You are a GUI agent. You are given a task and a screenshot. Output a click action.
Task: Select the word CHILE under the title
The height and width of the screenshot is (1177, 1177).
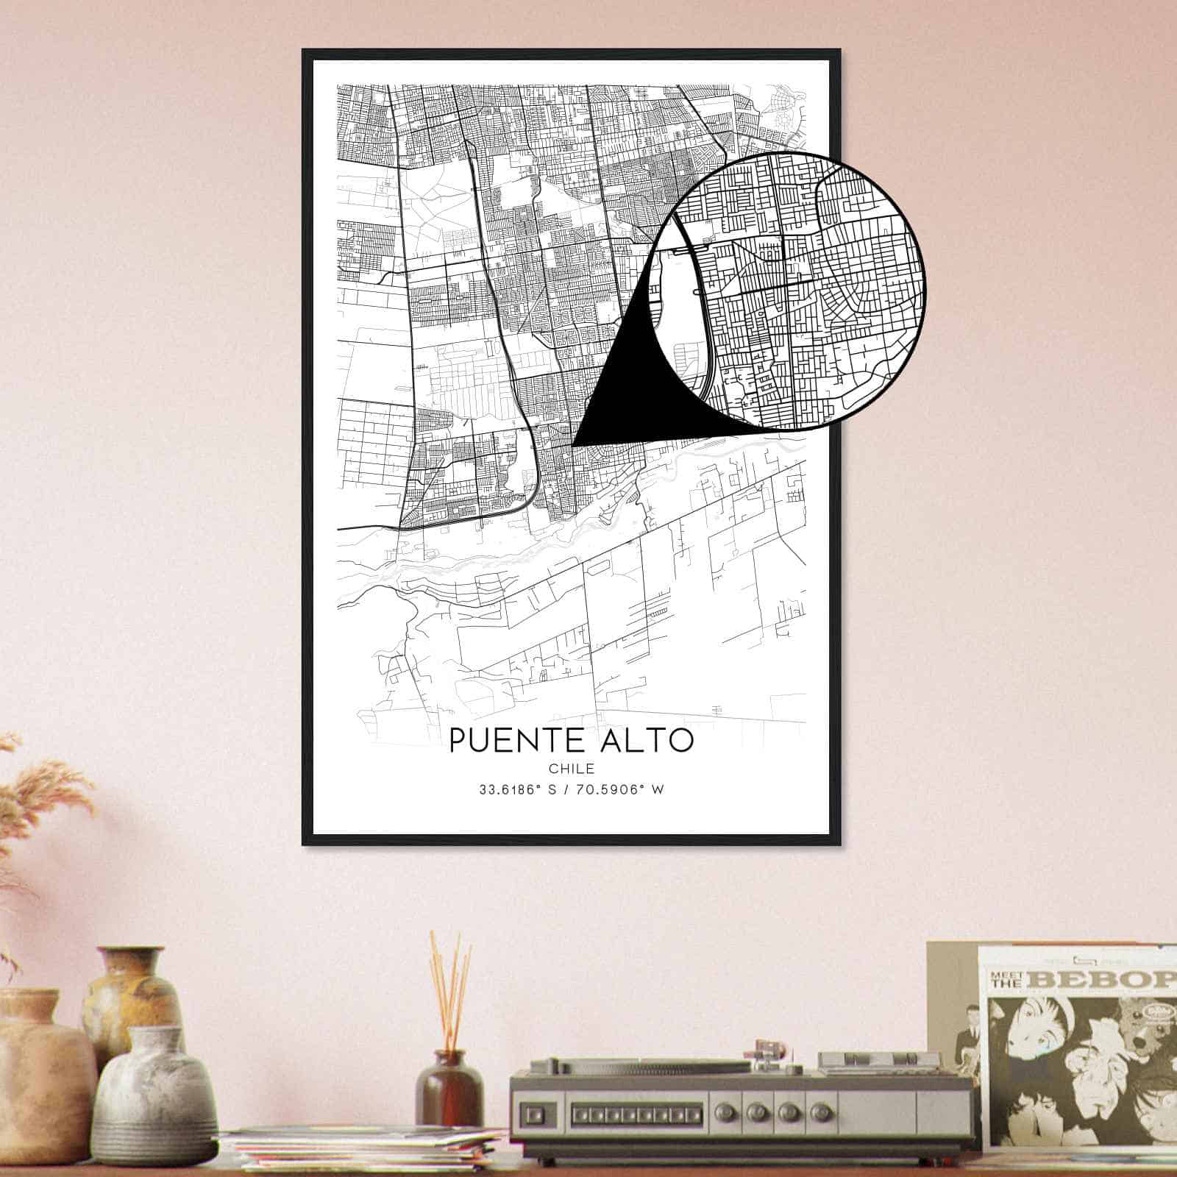[x=572, y=769]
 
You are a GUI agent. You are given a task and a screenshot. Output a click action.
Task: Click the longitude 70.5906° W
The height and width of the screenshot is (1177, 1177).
[x=622, y=791]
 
